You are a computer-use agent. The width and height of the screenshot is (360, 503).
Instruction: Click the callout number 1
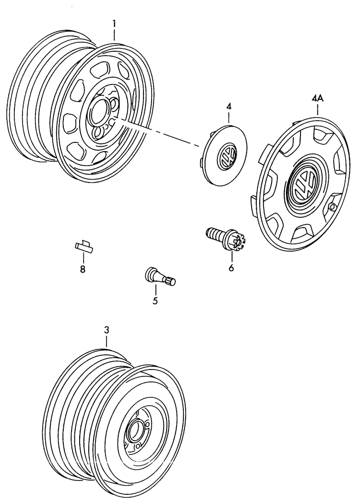click(114, 23)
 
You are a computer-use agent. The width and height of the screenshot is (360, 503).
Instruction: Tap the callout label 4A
click(317, 98)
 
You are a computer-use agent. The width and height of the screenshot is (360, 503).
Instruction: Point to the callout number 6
click(231, 268)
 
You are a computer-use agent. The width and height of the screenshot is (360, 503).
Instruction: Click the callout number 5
click(155, 301)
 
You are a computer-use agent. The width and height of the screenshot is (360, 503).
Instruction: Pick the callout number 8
click(83, 269)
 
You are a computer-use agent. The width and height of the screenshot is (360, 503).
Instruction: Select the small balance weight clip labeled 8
click(84, 246)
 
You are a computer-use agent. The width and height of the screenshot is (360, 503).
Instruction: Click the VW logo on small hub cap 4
click(226, 156)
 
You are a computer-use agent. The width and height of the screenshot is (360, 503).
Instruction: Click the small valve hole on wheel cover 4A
click(332, 207)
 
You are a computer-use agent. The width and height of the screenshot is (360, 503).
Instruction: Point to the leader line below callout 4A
click(317, 110)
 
